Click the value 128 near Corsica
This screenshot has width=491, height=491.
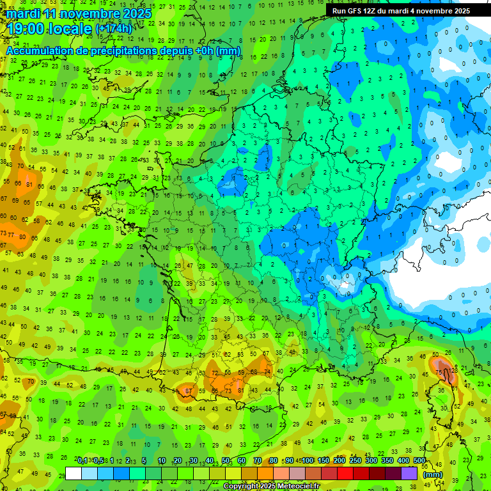click(x=454, y=371)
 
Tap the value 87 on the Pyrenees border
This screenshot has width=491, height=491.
click(x=189, y=391)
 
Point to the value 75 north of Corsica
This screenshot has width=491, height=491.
click(x=439, y=371)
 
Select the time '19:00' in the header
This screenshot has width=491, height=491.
click(x=25, y=29)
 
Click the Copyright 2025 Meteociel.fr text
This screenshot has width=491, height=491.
click(x=271, y=487)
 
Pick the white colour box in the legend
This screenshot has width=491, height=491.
click(x=73, y=474)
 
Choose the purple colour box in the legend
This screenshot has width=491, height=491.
click(x=409, y=474)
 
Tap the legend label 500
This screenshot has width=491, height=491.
click(x=419, y=460)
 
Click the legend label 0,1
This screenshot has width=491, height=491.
click(x=82, y=460)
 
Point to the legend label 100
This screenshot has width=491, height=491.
click(x=308, y=460)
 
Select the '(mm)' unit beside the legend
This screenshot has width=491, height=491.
click(x=433, y=474)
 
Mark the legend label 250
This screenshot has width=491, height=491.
click(x=355, y=460)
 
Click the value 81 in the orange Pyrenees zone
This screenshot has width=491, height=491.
click(x=241, y=391)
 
